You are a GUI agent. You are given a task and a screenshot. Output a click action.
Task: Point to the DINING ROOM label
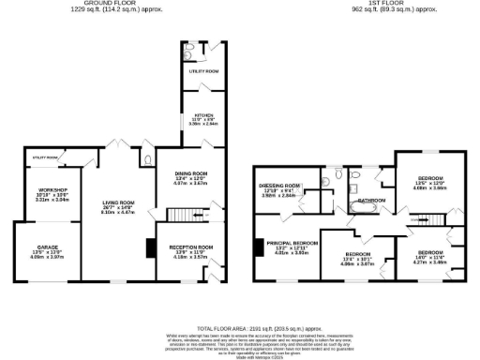click(x=191, y=173)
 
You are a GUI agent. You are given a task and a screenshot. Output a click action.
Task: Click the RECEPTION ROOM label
click(x=191, y=247)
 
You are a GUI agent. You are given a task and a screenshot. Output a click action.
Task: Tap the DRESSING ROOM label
click(x=279, y=186)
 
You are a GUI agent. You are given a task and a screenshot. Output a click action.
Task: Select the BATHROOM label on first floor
click(x=371, y=201)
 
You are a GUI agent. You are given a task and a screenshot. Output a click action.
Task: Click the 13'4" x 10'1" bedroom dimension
click(x=357, y=259)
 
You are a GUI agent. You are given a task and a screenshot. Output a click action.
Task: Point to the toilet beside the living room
click(x=150, y=160)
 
